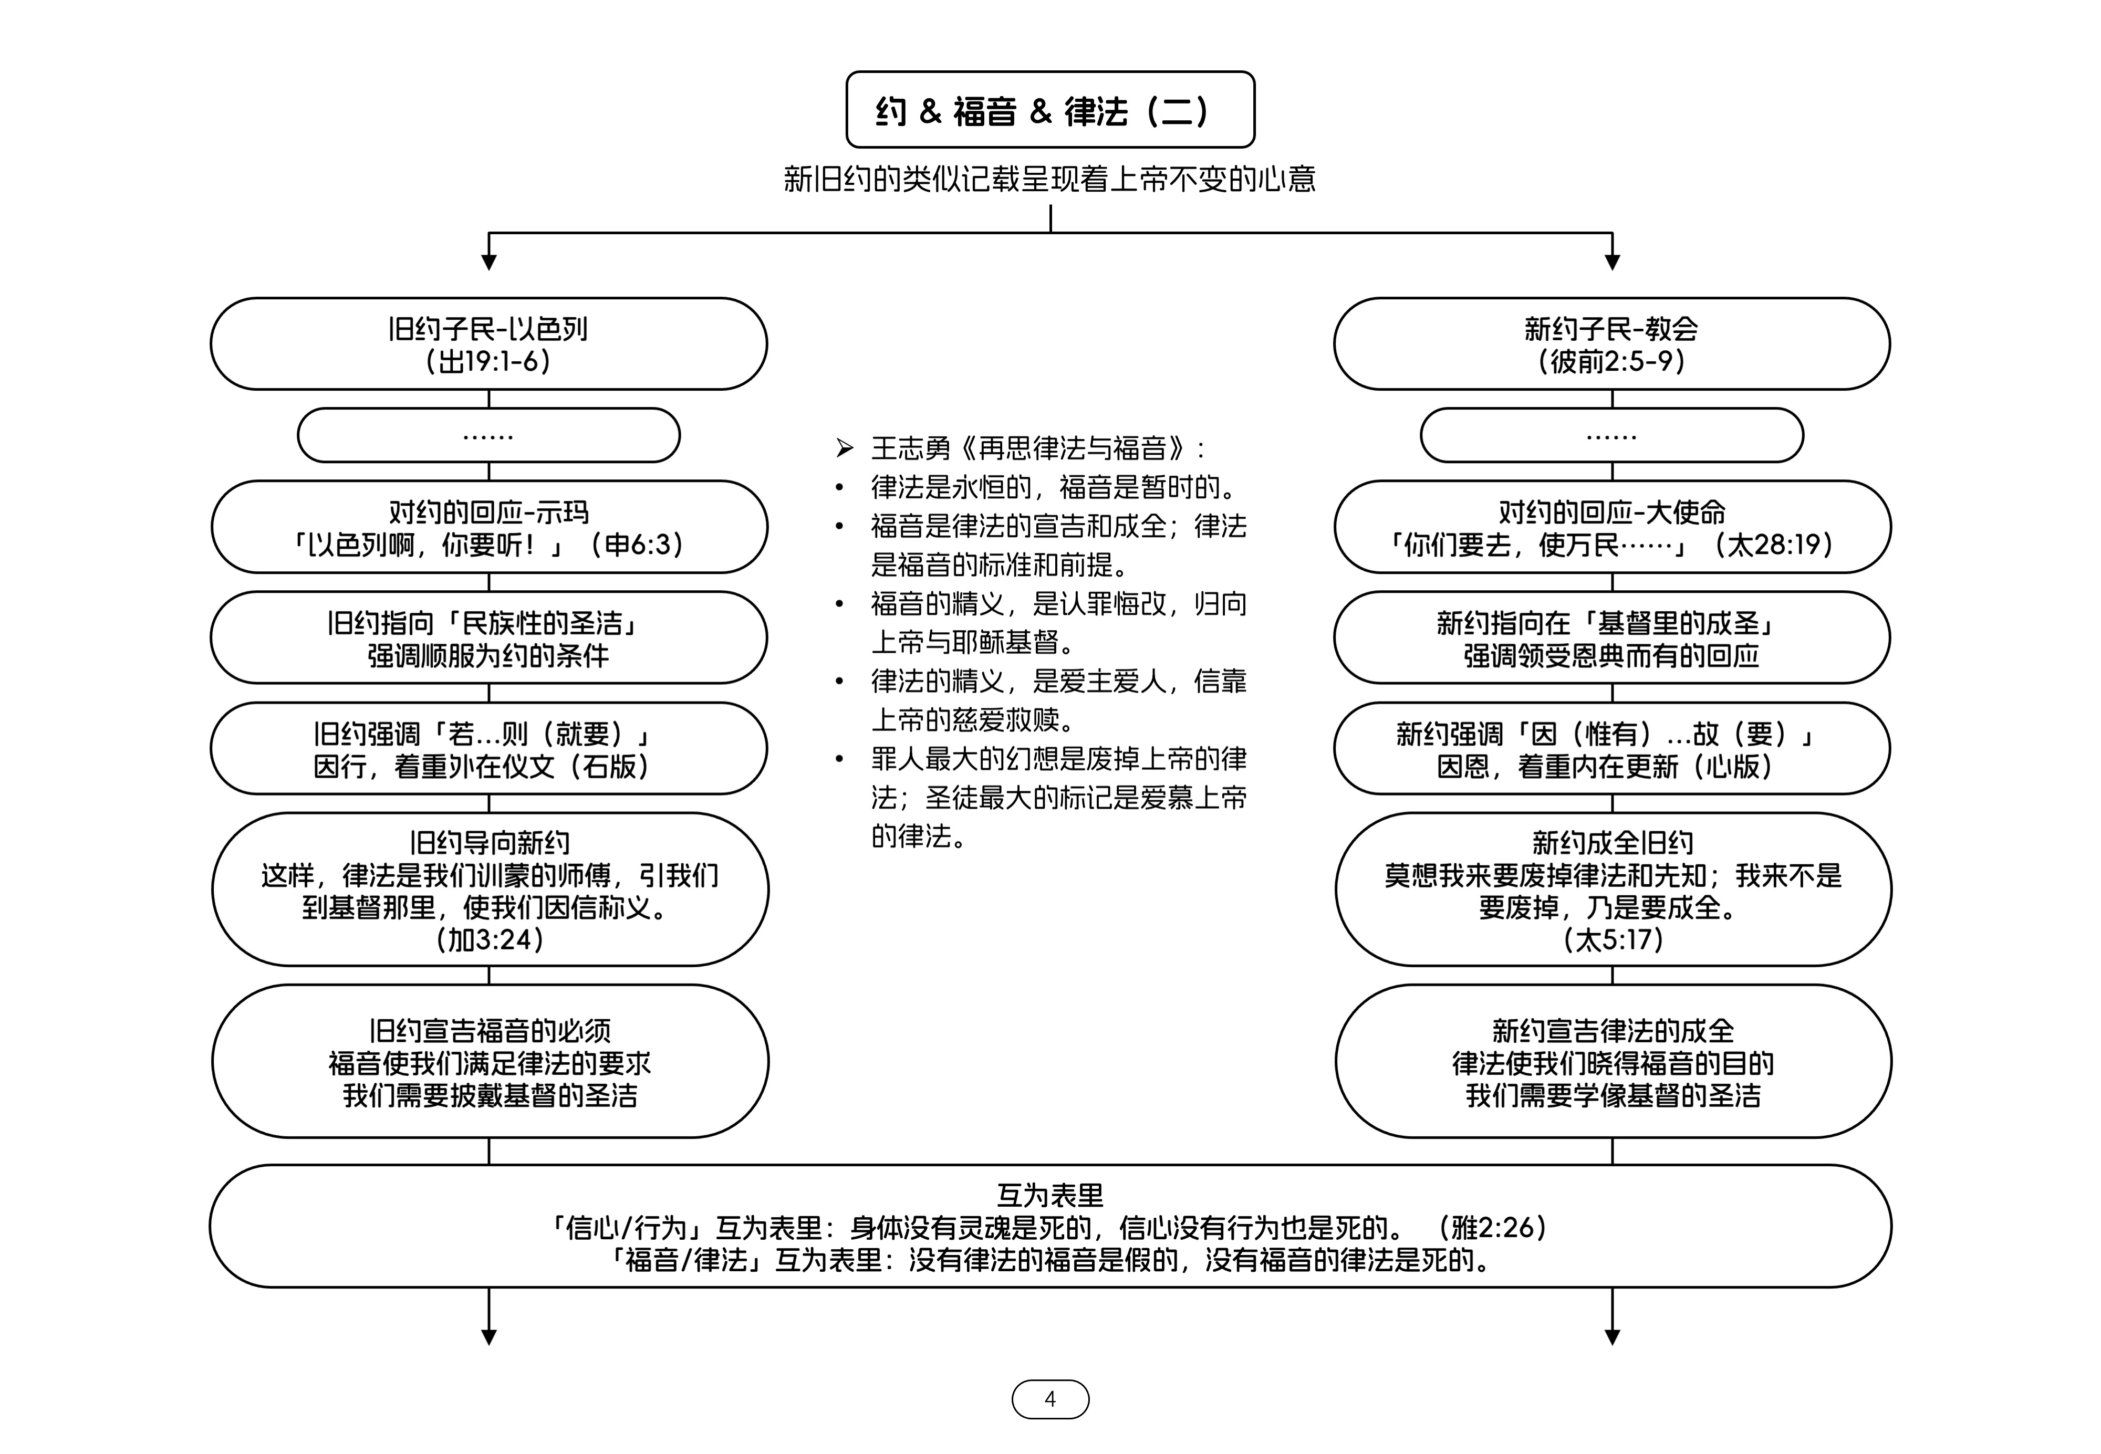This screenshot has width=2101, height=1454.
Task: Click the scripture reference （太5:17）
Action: point(1613,939)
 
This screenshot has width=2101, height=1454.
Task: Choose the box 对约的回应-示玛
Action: point(489,527)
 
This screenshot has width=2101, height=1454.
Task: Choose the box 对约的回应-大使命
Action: point(1612,527)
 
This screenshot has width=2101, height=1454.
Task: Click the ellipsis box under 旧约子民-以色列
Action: point(488,435)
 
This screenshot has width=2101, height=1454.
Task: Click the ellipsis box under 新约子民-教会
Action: point(1612,435)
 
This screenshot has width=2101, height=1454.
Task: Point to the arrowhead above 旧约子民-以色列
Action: point(488,263)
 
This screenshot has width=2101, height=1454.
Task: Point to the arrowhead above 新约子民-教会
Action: point(1612,263)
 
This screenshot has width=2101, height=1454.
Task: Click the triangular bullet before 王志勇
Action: point(845,448)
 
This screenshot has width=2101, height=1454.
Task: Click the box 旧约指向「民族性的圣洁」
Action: point(488,637)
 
